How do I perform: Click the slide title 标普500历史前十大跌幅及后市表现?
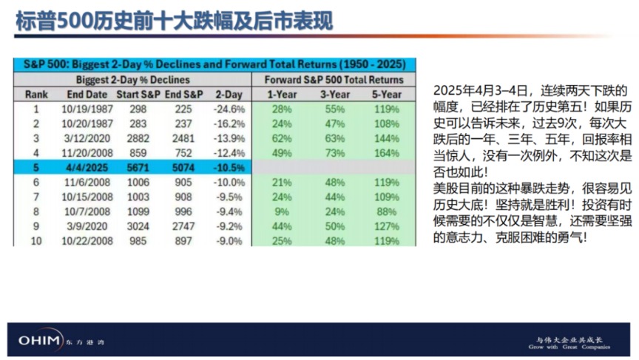pyautogui.click(x=175, y=21)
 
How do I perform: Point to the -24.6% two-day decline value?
pyautogui.click(x=229, y=109)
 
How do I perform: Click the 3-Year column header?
pyautogui.click(x=334, y=95)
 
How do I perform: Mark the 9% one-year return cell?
pyautogui.click(x=282, y=211)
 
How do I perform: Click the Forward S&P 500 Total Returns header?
pyautogui.click(x=334, y=80)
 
